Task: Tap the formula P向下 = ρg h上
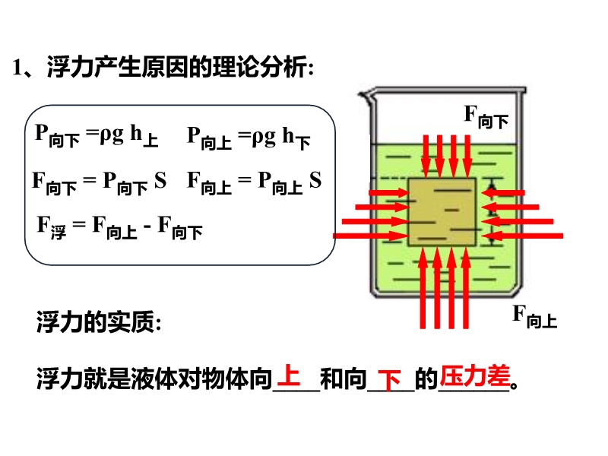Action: tap(97, 136)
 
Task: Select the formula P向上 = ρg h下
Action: tap(249, 138)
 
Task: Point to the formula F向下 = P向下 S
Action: tap(99, 182)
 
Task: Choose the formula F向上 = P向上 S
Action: tap(254, 182)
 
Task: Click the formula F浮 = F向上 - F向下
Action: tap(119, 227)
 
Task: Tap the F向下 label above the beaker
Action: tap(486, 117)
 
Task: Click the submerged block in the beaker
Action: tap(443, 211)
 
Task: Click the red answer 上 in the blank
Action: tap(290, 375)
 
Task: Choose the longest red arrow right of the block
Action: tap(524, 236)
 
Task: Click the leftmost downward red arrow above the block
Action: tap(427, 157)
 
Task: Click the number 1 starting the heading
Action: tap(16, 68)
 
